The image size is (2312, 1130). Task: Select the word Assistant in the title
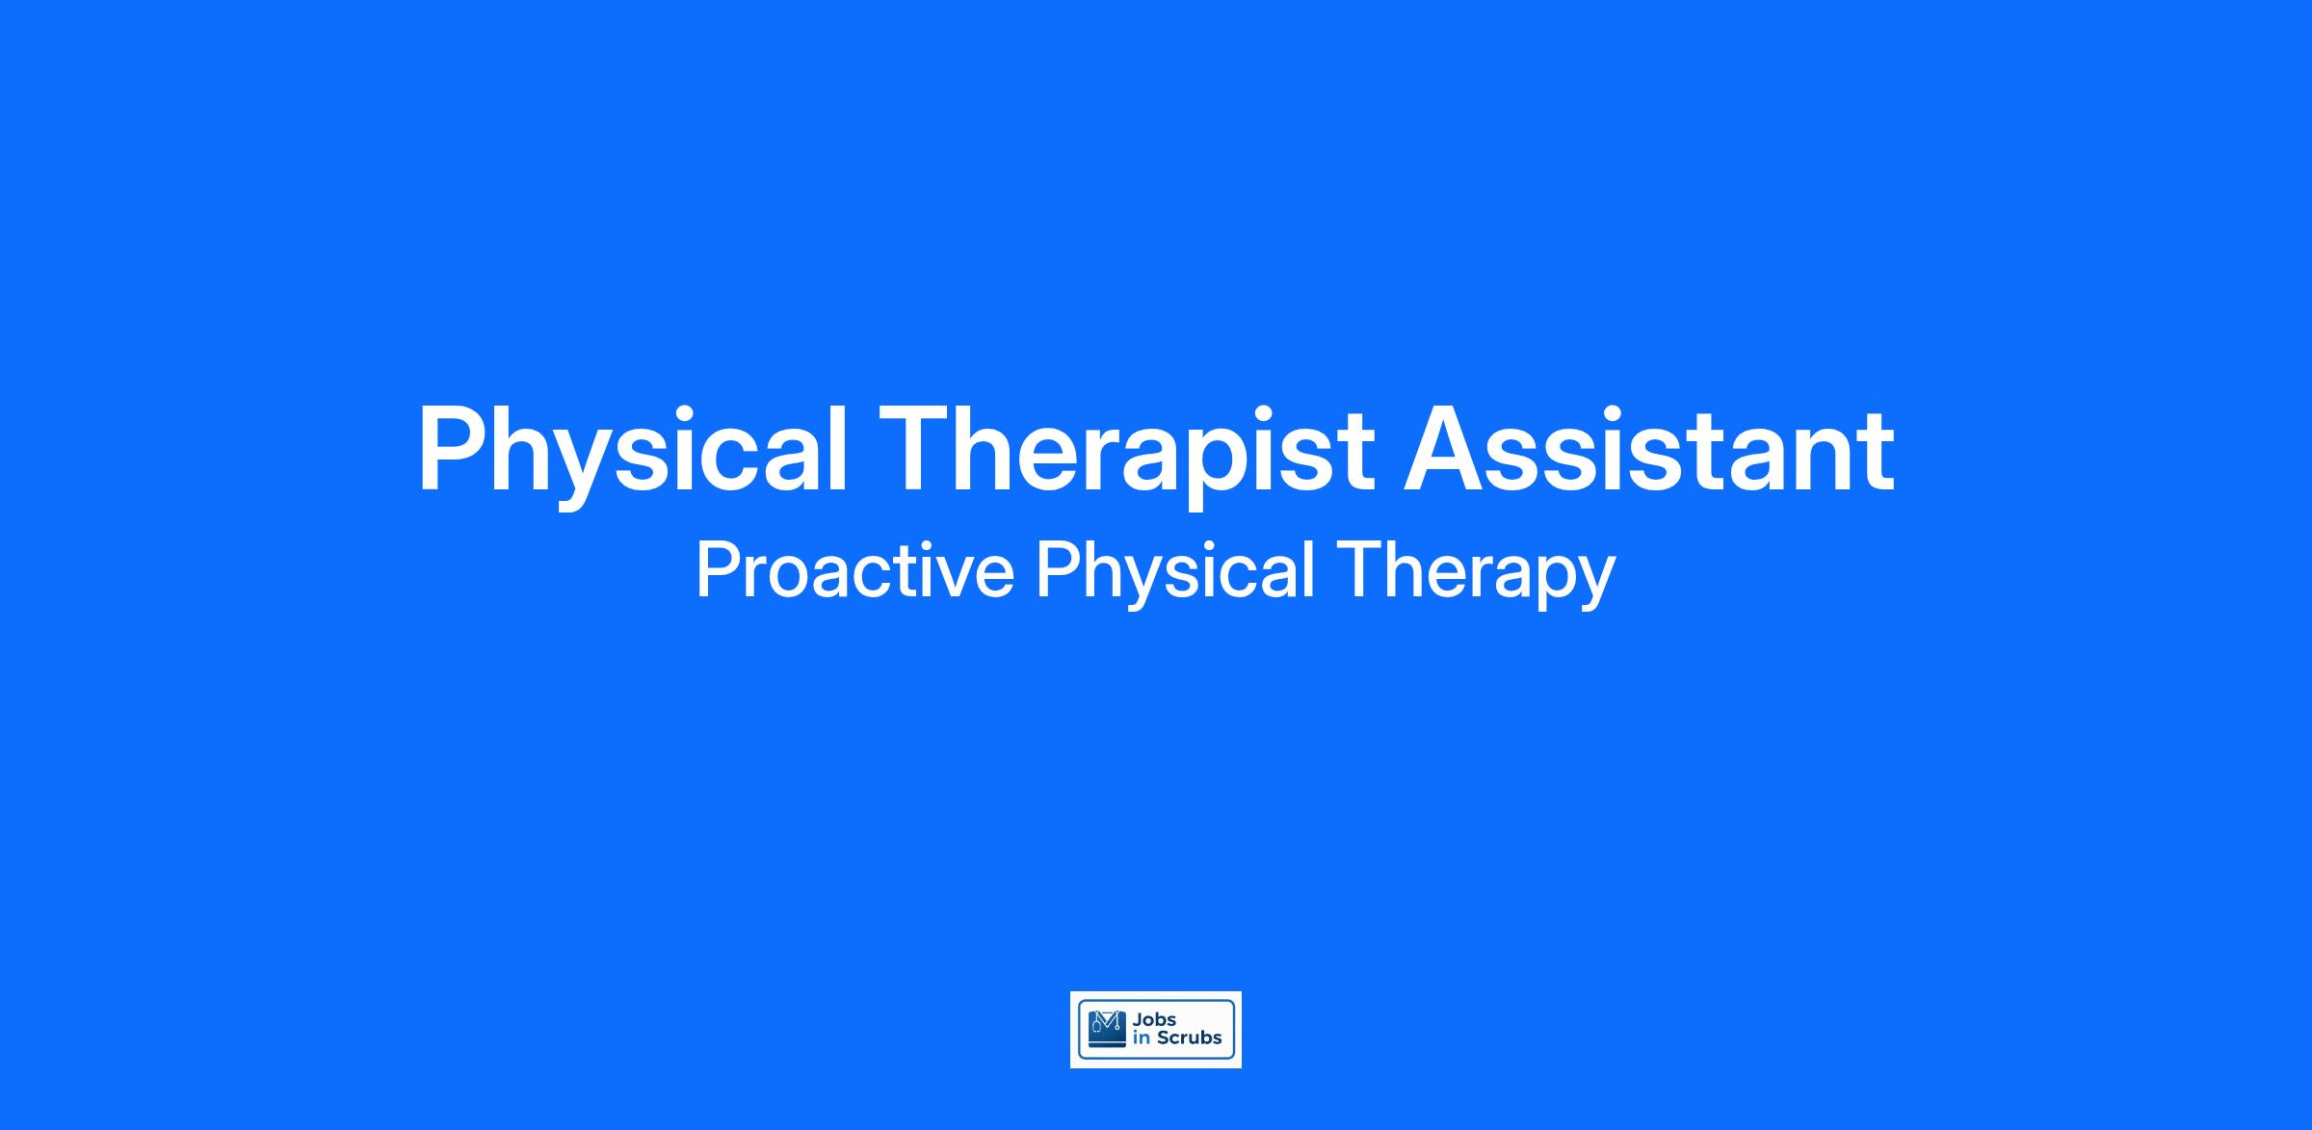(1648, 449)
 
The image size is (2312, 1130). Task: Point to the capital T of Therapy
(1358, 571)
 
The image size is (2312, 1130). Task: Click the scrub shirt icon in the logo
(1107, 1029)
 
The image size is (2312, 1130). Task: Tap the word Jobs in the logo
(1155, 1020)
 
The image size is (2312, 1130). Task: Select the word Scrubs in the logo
(1190, 1038)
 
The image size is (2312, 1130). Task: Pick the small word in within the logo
(1143, 1038)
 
